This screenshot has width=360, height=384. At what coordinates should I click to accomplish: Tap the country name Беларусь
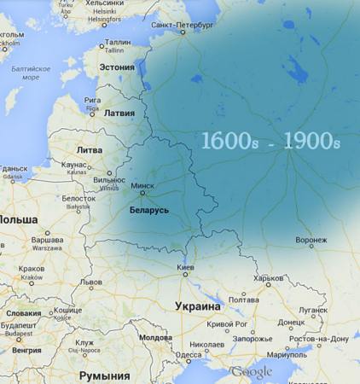coord(148,209)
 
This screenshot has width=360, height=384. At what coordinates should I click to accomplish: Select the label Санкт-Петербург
coord(180,25)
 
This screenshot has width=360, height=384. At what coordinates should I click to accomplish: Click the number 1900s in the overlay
coord(311,142)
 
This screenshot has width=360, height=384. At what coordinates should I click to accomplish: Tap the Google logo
coord(251,372)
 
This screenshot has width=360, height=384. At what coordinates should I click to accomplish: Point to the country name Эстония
coord(118,67)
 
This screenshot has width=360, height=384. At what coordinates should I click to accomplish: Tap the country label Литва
coord(89,149)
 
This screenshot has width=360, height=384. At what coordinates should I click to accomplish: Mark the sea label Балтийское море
coord(31,73)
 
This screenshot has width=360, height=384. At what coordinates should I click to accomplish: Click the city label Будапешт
coord(18,325)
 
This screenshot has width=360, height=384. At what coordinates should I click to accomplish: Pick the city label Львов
coord(90,282)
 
